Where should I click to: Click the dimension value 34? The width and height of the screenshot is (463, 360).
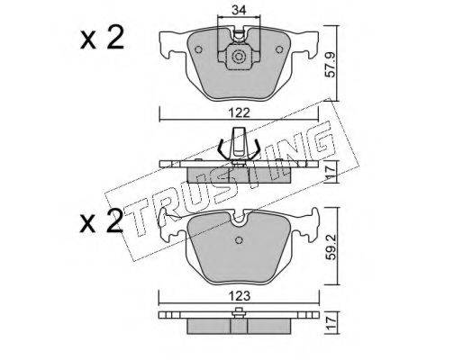click(239, 11)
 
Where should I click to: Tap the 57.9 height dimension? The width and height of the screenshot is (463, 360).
click(331, 65)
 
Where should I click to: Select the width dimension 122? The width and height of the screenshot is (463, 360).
click(239, 113)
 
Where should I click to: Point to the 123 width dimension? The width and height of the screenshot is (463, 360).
click(239, 296)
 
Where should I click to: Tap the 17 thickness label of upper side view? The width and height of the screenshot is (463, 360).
click(331, 174)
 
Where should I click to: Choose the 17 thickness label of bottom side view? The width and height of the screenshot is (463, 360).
click(331, 323)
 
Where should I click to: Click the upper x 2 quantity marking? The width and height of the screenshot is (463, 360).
click(102, 39)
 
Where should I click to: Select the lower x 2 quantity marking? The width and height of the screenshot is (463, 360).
click(102, 222)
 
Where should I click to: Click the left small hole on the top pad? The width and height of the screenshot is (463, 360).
click(198, 49)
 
